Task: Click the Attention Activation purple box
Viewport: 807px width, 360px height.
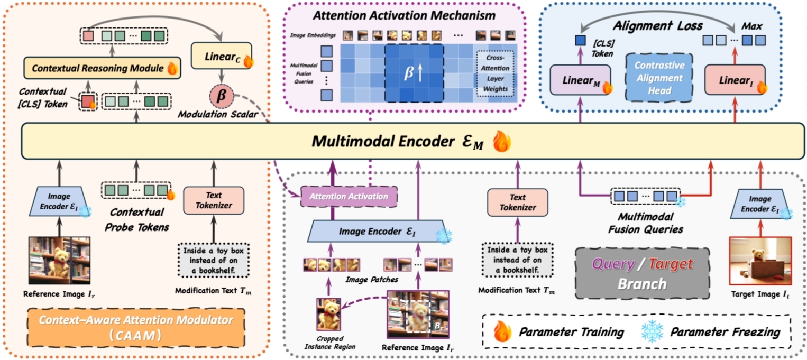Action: pyautogui.click(x=349, y=197)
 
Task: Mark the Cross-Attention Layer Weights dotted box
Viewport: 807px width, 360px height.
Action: pyautogui.click(x=495, y=75)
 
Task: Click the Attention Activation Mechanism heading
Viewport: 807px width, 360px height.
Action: pyautogui.click(x=403, y=14)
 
